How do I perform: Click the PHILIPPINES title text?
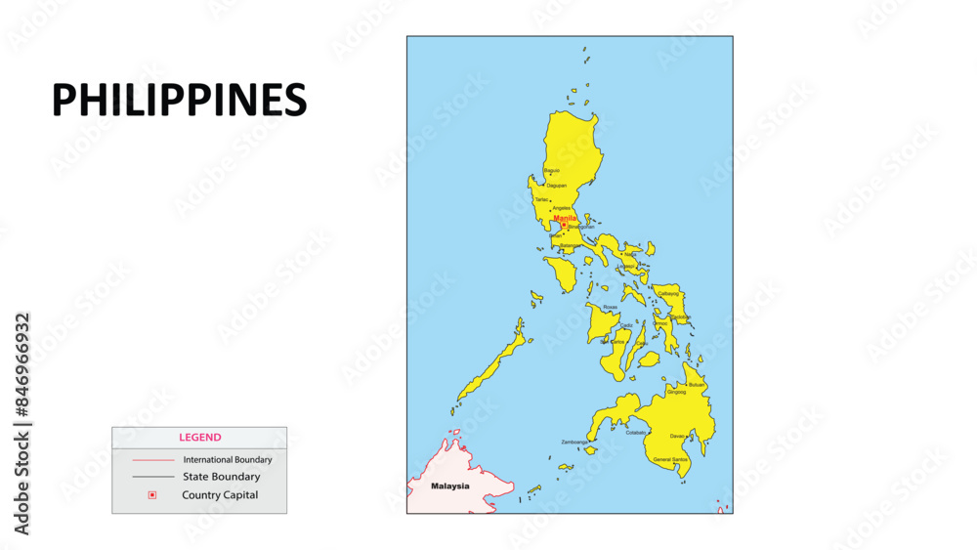[x=179, y=100]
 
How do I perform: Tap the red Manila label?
[x=565, y=218]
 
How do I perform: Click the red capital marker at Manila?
[x=564, y=225]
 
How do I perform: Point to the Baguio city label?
[x=552, y=170]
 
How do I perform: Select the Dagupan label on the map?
[x=557, y=185]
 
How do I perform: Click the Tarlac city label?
[x=541, y=199]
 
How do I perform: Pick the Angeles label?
[x=562, y=208]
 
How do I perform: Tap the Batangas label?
[x=570, y=245]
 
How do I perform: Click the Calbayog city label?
[x=668, y=293]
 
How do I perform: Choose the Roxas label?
[x=610, y=307]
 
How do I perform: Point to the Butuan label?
[x=697, y=385]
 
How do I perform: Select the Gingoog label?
[x=676, y=392]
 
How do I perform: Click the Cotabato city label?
[x=636, y=432]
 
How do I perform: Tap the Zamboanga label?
[x=574, y=442]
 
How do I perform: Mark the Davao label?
[x=678, y=436]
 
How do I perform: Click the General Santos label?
[x=670, y=459]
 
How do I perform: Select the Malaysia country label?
[x=450, y=486]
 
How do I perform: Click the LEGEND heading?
[x=199, y=438]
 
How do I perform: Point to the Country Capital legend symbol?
[x=151, y=495]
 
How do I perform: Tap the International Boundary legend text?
[x=228, y=459]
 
